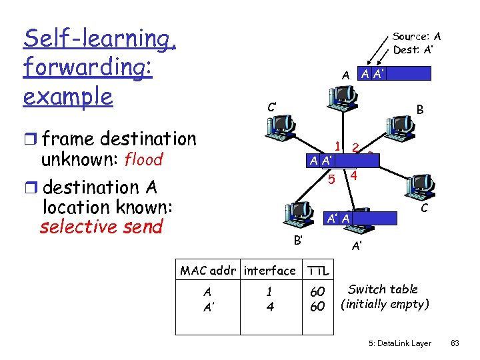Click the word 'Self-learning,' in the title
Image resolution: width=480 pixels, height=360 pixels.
tap(99, 39)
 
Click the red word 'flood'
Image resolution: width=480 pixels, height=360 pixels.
tap(143, 160)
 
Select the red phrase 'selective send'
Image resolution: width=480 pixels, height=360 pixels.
tap(101, 227)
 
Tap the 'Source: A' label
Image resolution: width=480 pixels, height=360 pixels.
tap(416, 37)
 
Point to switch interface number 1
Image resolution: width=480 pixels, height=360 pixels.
tap(339, 147)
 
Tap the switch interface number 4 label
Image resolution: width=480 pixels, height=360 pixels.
tap(354, 177)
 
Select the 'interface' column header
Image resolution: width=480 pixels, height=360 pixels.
tap(269, 270)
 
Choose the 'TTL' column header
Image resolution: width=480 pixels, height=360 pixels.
tap(319, 270)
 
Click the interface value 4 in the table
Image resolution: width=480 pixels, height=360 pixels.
tap(269, 307)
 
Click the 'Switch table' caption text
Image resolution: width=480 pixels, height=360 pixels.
tap(383, 289)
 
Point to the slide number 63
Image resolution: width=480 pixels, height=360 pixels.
tap(455, 343)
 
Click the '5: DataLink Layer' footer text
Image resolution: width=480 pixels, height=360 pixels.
tap(399, 343)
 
